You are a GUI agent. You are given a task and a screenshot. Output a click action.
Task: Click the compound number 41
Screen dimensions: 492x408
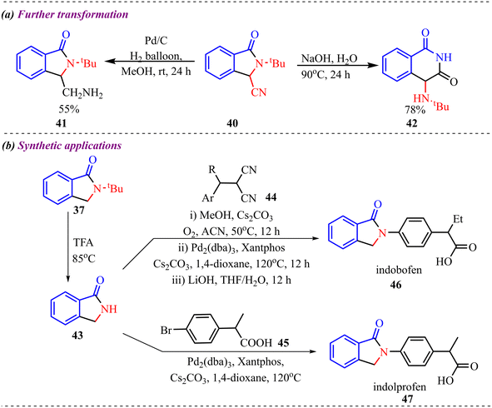61,123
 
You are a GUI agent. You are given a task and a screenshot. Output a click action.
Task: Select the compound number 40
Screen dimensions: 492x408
232,123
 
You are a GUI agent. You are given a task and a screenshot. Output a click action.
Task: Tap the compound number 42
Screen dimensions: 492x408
412,123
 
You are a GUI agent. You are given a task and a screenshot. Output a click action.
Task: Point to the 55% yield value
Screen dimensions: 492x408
69,109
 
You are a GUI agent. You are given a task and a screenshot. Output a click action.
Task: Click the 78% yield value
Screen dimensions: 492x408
415,110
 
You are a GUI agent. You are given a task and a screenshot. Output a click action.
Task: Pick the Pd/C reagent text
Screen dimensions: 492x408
156,41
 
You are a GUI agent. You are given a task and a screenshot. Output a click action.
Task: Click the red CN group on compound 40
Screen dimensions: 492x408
259,92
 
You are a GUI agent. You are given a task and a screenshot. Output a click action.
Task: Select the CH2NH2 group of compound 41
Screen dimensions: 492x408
82,93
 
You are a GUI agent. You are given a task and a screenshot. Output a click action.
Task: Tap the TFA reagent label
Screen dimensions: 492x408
83,243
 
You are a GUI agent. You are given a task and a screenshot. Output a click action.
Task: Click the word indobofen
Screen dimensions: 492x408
399,270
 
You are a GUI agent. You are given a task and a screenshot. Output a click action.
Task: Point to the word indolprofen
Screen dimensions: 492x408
400,386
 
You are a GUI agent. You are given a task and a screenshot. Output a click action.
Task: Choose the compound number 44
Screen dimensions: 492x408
271,197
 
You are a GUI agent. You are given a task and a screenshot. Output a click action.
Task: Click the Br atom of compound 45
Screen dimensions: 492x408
166,331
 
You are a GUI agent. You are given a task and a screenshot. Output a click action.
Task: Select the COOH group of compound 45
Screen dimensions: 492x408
256,343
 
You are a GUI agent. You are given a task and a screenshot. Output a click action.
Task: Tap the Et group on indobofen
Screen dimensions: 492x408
458,219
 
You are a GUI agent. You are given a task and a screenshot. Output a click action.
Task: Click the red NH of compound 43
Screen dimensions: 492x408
109,309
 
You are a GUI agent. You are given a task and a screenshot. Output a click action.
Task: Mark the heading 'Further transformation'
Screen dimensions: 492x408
72,14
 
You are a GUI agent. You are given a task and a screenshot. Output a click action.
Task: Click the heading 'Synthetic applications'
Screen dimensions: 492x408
70,146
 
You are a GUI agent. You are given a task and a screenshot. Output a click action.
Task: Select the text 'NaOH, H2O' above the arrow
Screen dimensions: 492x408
329,58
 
